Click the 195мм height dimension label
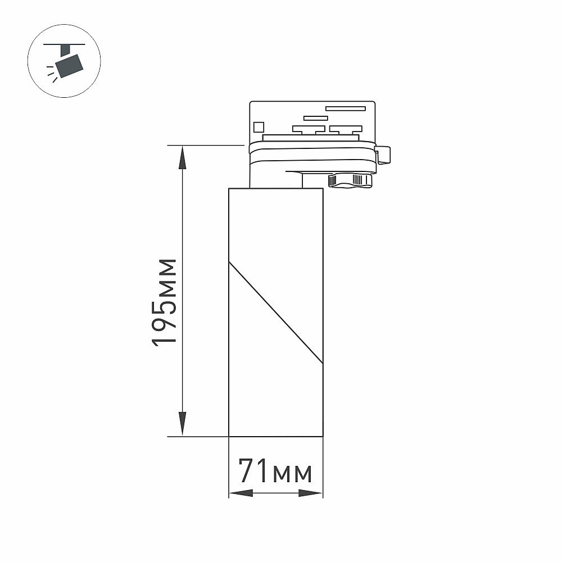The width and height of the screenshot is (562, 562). coord(165,302)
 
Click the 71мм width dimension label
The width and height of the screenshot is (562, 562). coord(275,472)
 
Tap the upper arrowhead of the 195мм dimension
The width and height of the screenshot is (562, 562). coord(183,157)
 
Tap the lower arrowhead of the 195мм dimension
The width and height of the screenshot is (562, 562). coord(183,423)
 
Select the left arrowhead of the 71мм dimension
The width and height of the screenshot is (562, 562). coord(241,493)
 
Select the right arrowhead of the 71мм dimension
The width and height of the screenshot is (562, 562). coord(311,493)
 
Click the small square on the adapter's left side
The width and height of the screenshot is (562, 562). coord(259,127)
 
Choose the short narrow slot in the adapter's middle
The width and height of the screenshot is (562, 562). coord(315,118)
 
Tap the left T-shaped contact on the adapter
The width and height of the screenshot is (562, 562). coord(309,130)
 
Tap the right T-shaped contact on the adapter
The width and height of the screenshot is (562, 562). coord(346,130)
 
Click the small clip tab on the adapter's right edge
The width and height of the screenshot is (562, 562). coord(384,155)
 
